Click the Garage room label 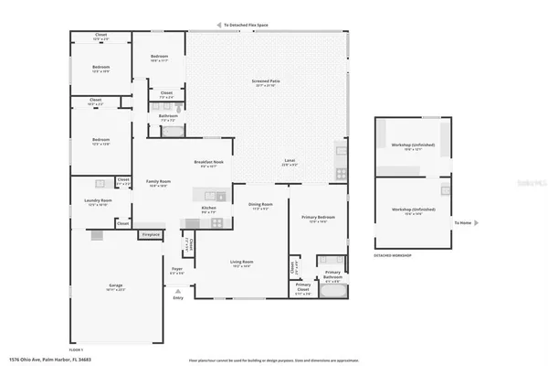[x=114, y=286]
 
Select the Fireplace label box [x=151, y=234]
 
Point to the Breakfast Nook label [x=209, y=163]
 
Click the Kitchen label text [x=209, y=209]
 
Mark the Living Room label [x=241, y=264]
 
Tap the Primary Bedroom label [x=318, y=218]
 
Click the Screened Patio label [x=266, y=81]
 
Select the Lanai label [x=290, y=161]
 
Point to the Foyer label [x=177, y=271]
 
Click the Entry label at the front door [x=178, y=297]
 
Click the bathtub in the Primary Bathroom [x=332, y=294]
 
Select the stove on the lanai [x=341, y=173]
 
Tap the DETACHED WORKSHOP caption [x=392, y=255]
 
